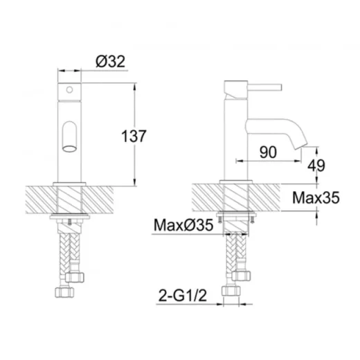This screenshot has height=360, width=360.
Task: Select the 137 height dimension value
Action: [134, 136]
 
